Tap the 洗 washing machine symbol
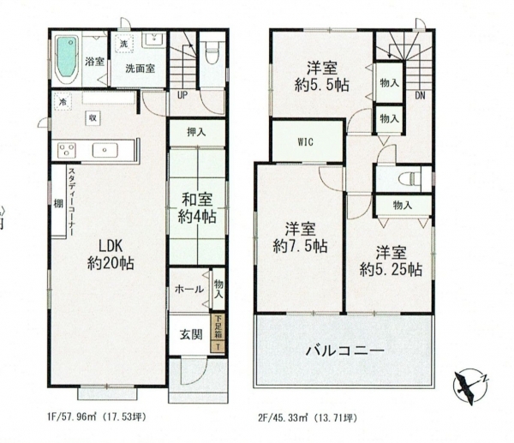pyautogui.click(x=123, y=44)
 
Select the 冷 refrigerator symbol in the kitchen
pyautogui.click(x=63, y=102)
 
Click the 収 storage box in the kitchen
pyautogui.click(x=93, y=118)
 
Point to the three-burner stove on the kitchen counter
pyautogui.click(x=67, y=151)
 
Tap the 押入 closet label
pyautogui.click(x=196, y=132)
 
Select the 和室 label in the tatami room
pyautogui.click(x=197, y=200)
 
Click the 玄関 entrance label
pyautogui.click(x=190, y=334)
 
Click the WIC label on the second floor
pyautogui.click(x=305, y=141)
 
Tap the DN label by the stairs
pyautogui.click(x=420, y=95)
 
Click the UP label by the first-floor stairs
pyautogui.click(x=182, y=95)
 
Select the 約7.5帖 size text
pyautogui.click(x=300, y=246)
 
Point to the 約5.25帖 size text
pyautogui.click(x=391, y=270)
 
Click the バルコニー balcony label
pyautogui.click(x=345, y=351)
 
